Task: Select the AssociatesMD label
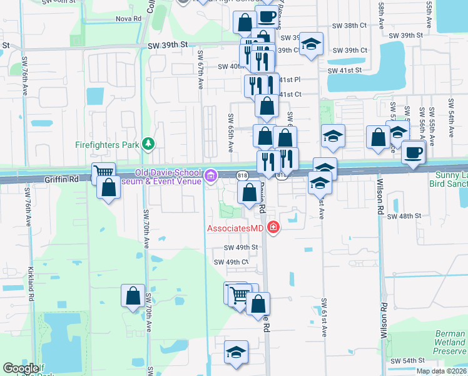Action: (x=235, y=228)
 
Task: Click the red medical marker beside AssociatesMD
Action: (x=273, y=228)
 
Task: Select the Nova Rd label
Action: (x=129, y=19)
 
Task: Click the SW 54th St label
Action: (x=407, y=361)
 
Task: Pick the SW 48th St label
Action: (x=402, y=216)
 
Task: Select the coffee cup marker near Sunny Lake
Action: (x=412, y=152)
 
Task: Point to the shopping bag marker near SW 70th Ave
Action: (x=133, y=295)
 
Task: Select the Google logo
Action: (x=21, y=368)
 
